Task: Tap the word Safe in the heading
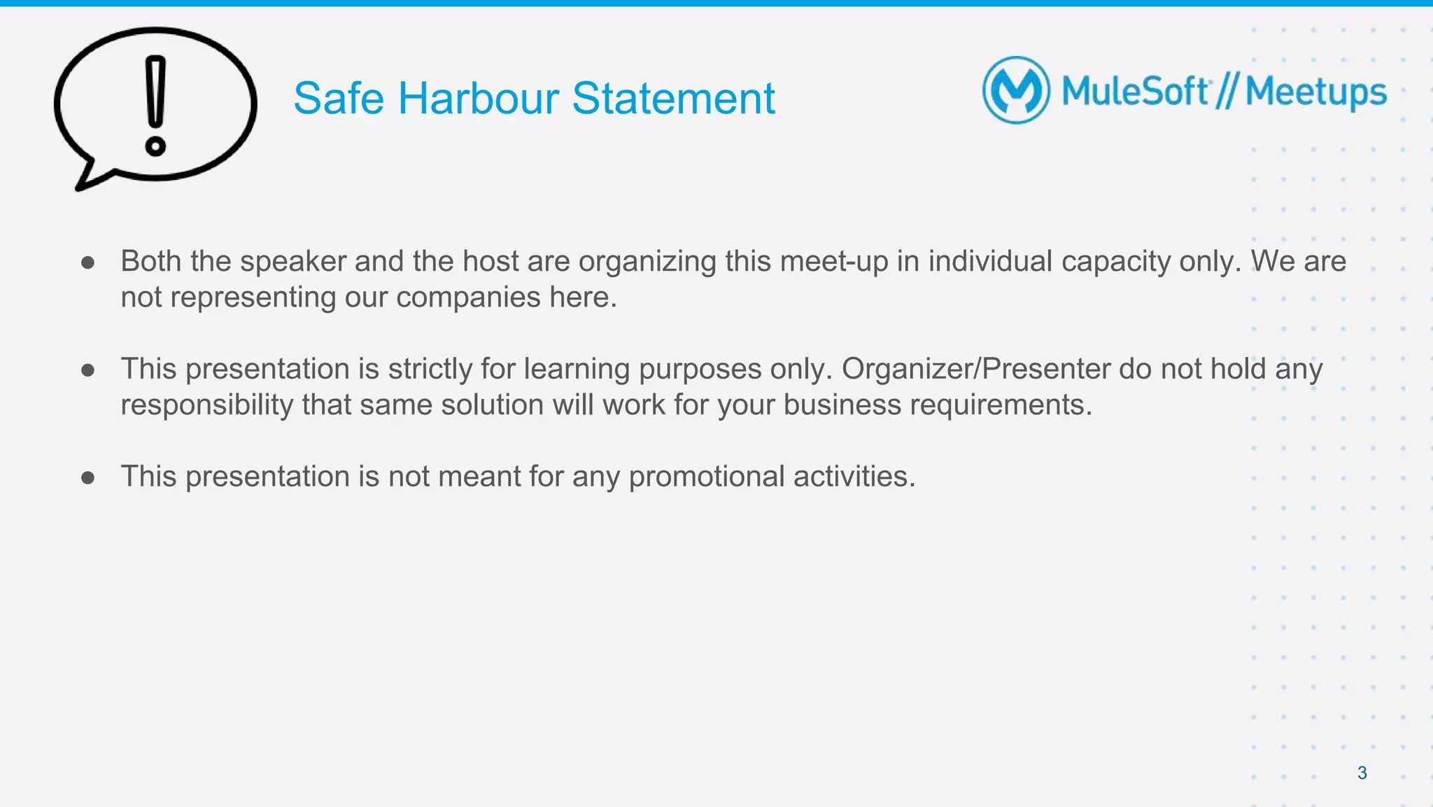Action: [x=339, y=98]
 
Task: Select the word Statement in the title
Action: [x=673, y=98]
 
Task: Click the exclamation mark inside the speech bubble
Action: [x=155, y=105]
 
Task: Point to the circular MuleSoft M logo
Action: [x=1016, y=90]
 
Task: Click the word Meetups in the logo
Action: [x=1315, y=92]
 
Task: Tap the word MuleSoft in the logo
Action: [x=1135, y=91]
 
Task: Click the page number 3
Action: [x=1362, y=773]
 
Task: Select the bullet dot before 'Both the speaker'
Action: [x=88, y=262]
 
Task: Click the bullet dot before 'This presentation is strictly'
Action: [x=88, y=370]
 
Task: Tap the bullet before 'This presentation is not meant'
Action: [x=88, y=478]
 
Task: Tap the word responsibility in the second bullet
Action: [x=206, y=405]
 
